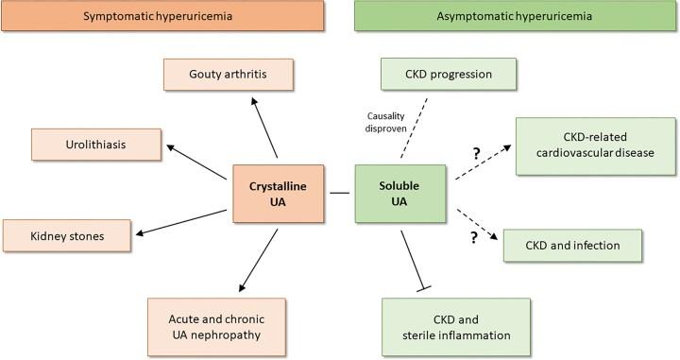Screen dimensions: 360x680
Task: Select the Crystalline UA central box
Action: click(x=280, y=195)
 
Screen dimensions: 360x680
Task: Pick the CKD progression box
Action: click(x=449, y=75)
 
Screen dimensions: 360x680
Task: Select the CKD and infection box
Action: click(x=572, y=245)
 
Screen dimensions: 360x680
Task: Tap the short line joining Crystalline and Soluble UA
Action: click(x=341, y=195)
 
